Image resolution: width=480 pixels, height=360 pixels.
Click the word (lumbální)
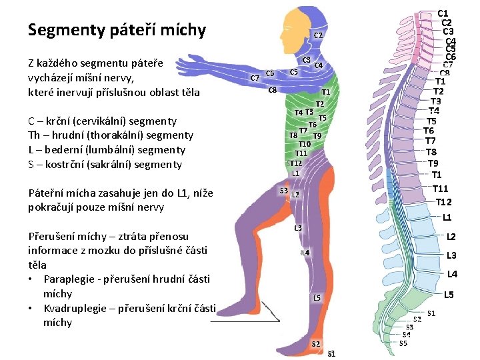pyautogui.click(x=115, y=150)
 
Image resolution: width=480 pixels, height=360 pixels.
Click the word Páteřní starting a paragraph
pyautogui.click(x=48, y=193)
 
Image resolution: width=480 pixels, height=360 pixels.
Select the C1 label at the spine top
pyautogui.click(x=443, y=13)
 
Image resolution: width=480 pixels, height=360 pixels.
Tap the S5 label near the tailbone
pyautogui.click(x=403, y=344)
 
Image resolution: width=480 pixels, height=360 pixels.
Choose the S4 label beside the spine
pyautogui.click(x=406, y=335)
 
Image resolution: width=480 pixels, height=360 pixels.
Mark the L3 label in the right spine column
pyautogui.click(x=451, y=255)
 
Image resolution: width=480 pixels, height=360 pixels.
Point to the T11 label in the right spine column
pyautogui.click(x=443, y=189)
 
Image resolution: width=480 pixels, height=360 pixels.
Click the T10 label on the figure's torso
pyautogui.click(x=305, y=144)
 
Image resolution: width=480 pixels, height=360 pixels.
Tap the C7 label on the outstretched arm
pyautogui.click(x=254, y=78)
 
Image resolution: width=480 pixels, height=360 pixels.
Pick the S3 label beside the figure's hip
pyautogui.click(x=283, y=191)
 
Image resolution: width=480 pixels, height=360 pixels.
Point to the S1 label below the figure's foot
pyautogui.click(x=331, y=354)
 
